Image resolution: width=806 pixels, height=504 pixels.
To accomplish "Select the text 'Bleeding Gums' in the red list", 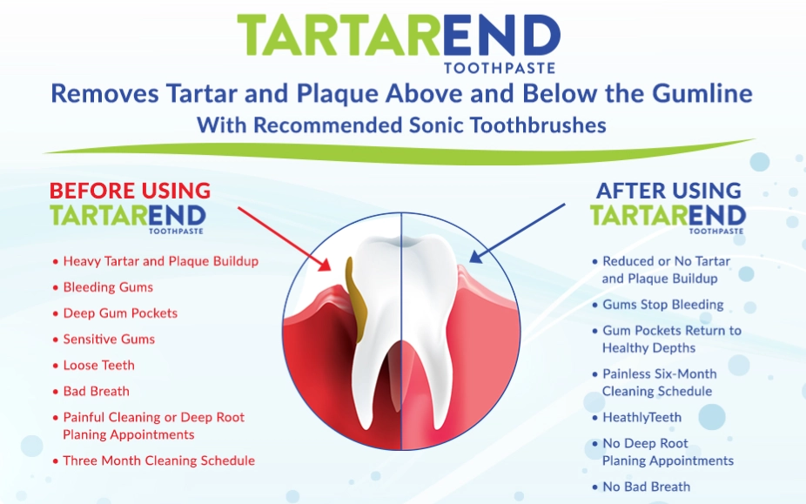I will pos(108,287).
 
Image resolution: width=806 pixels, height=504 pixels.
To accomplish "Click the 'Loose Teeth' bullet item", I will pos(98,366).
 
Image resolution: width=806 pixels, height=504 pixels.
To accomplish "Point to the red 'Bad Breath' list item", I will pos(96,392).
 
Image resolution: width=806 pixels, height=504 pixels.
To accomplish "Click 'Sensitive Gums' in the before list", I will pos(109,339).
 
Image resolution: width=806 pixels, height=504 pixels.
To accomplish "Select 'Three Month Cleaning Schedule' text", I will pos(158,461).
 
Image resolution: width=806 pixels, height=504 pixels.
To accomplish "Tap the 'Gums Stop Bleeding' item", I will pos(662,305).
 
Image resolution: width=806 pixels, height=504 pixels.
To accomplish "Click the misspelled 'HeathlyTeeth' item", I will pos(641,418).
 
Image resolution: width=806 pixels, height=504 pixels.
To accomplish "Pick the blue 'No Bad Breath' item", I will pos(646,487).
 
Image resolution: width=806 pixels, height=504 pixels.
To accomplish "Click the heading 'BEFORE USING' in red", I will pos(130,191).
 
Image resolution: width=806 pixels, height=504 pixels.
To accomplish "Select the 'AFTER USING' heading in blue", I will pos(668,191).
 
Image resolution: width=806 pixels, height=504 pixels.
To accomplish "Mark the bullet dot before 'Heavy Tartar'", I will pos(55,261).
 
